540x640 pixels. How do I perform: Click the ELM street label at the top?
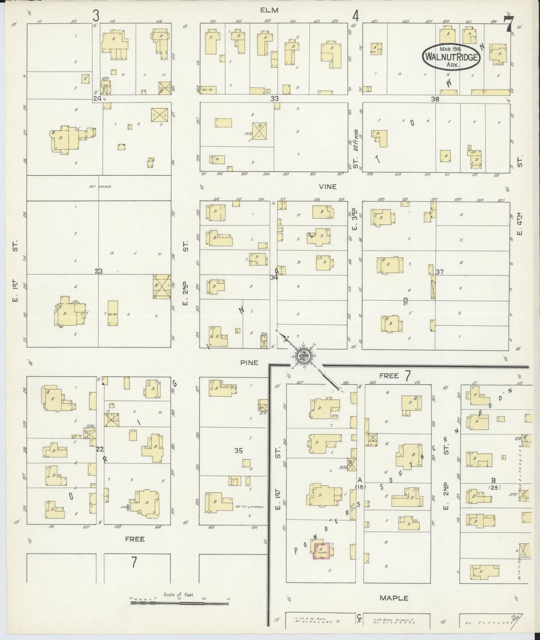[270, 10]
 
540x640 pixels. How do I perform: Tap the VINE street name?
[327, 186]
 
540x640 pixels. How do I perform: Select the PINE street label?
[249, 362]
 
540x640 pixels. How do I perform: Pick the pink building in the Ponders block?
[321, 551]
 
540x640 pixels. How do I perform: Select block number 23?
[98, 271]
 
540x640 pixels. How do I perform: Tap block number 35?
[238, 451]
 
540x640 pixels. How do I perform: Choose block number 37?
[439, 272]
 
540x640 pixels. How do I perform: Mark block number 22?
[99, 449]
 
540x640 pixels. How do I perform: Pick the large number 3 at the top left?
[96, 16]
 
